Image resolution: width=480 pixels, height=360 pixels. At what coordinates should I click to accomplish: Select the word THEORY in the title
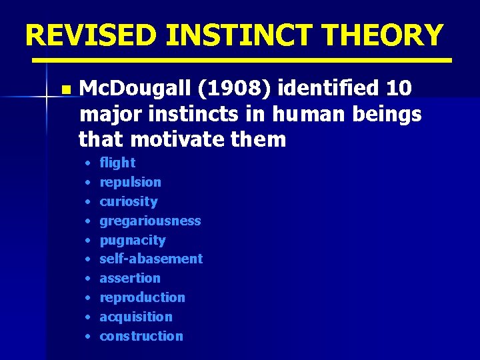point(384,35)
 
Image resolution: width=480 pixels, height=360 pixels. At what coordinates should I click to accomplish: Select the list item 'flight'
point(117,163)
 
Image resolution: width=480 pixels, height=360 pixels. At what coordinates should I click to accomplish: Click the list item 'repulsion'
point(130,182)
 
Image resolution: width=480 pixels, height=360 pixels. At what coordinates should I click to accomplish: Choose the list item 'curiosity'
point(129,201)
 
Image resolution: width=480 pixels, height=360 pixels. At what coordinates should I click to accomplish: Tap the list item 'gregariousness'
point(150,221)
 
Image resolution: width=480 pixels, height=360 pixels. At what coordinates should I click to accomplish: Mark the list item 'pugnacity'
point(132,240)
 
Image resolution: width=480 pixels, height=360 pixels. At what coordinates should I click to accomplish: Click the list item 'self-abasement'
point(151,259)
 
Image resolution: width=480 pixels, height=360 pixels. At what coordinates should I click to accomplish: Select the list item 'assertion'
point(130,278)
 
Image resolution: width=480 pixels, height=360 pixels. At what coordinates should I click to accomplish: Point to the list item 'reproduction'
point(142,297)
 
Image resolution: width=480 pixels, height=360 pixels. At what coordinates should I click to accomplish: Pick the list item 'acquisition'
point(136,317)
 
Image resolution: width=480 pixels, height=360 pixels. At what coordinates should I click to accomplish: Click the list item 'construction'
point(141,336)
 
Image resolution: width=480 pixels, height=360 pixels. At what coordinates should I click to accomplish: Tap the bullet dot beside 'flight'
point(87,163)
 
